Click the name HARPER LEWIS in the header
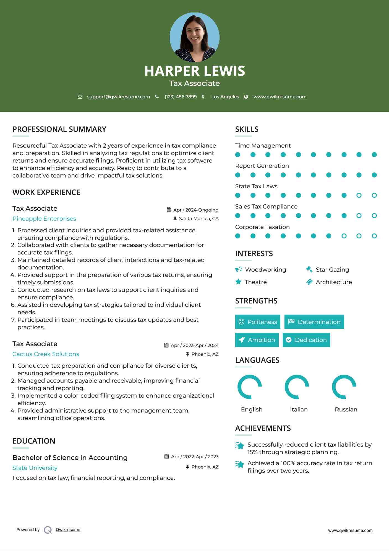tap(194, 71)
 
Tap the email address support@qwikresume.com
tap(118, 97)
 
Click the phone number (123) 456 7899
tap(181, 97)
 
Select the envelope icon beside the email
tap(80, 97)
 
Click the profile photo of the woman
tap(194, 37)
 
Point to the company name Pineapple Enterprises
tap(44, 219)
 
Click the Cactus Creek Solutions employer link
tap(46, 354)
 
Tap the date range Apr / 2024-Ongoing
tap(196, 210)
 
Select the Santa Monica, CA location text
tap(199, 218)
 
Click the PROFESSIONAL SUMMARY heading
tap(59, 129)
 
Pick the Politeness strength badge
tap(257, 322)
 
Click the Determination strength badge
tap(314, 322)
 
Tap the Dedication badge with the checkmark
tap(306, 340)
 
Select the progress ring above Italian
tap(297, 387)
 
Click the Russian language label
tap(346, 410)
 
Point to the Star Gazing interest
tap(332, 270)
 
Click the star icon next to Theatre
tap(238, 282)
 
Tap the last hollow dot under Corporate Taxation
tap(374, 236)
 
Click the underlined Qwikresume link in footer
tap(68, 530)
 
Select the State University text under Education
tap(35, 468)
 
